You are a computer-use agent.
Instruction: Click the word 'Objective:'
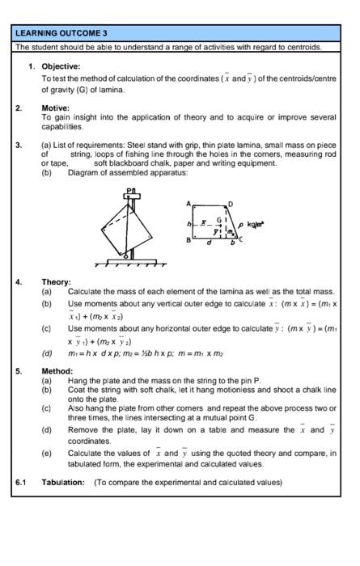pyautogui.click(x=61, y=65)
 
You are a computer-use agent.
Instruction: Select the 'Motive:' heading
pyautogui.click(x=56, y=107)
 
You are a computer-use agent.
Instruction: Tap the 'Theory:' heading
pyautogui.click(x=57, y=282)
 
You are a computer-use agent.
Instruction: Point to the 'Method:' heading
pyautogui.click(x=57, y=371)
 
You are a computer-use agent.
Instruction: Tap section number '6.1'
pyautogui.click(x=21, y=483)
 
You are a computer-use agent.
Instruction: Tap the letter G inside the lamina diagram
pyautogui.click(x=217, y=218)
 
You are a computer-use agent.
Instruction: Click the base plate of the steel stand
pyautogui.click(x=130, y=260)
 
